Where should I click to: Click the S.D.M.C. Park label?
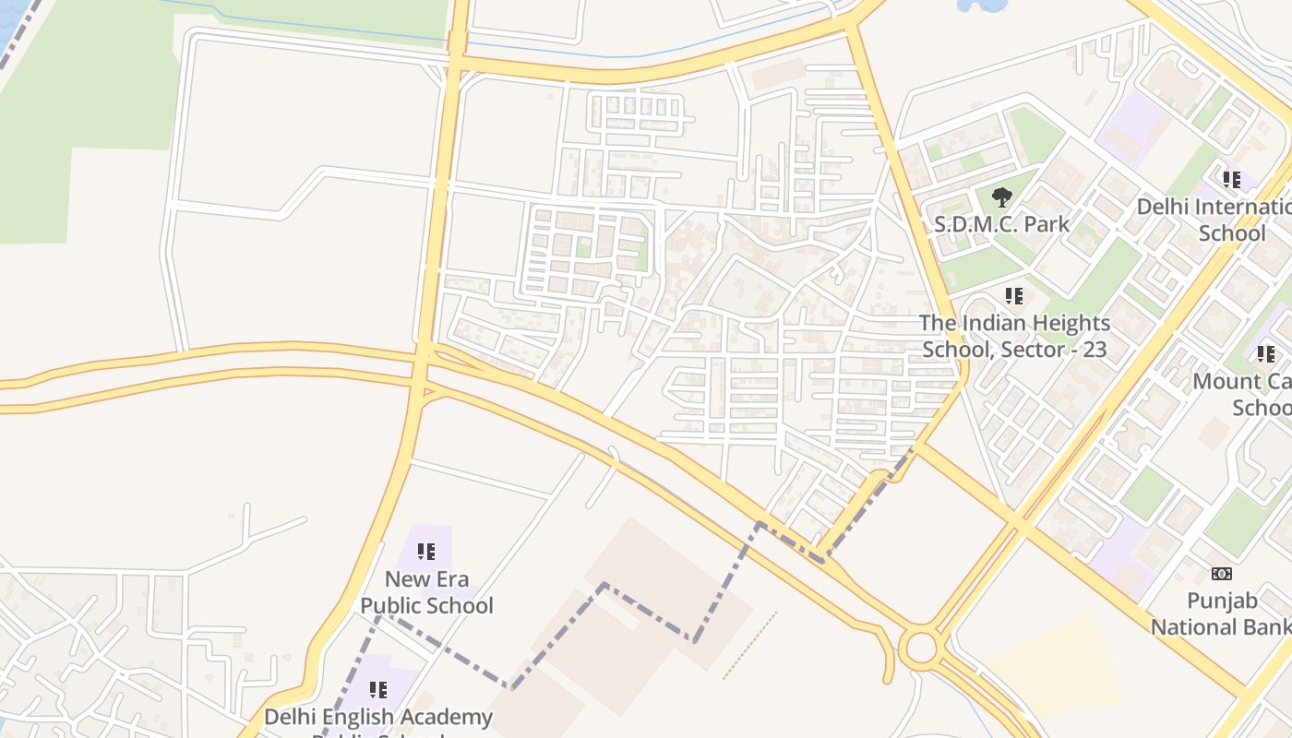click(x=1002, y=224)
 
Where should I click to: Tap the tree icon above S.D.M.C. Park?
click(x=1001, y=196)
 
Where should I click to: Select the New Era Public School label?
click(x=426, y=592)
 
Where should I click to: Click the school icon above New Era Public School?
click(x=425, y=552)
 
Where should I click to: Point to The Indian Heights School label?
click(x=1015, y=336)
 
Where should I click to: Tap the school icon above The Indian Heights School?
click(x=1014, y=296)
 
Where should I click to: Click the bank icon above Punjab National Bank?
click(x=1221, y=574)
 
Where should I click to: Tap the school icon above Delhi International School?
click(x=1231, y=179)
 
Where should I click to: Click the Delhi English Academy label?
click(x=378, y=717)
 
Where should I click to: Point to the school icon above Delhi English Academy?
click(x=377, y=690)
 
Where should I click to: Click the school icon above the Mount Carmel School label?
click(x=1265, y=353)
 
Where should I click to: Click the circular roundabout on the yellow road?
click(x=921, y=648)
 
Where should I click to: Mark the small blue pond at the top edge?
click(x=982, y=6)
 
